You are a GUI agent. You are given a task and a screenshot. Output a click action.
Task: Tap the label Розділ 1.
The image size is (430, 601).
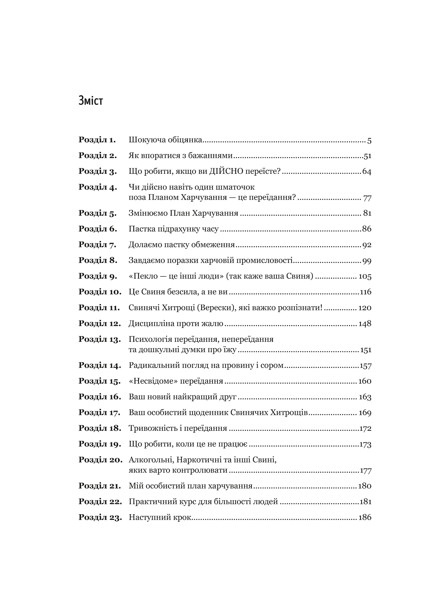pos(97,140)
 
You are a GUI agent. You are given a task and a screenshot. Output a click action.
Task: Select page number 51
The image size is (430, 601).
pos(367,156)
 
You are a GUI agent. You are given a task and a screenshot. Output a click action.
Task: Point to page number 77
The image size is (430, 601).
pos(367,198)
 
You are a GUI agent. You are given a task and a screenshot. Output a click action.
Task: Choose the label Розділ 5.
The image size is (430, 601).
pos(97,213)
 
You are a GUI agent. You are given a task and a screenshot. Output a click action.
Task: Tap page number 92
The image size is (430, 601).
pos(367,245)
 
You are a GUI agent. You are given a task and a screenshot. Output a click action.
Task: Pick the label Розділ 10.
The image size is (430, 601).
pos(100,292)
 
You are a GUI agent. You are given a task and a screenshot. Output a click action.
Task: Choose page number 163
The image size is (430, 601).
pos(365,397)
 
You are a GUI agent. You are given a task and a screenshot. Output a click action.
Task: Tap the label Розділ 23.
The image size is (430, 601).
pos(100,517)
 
